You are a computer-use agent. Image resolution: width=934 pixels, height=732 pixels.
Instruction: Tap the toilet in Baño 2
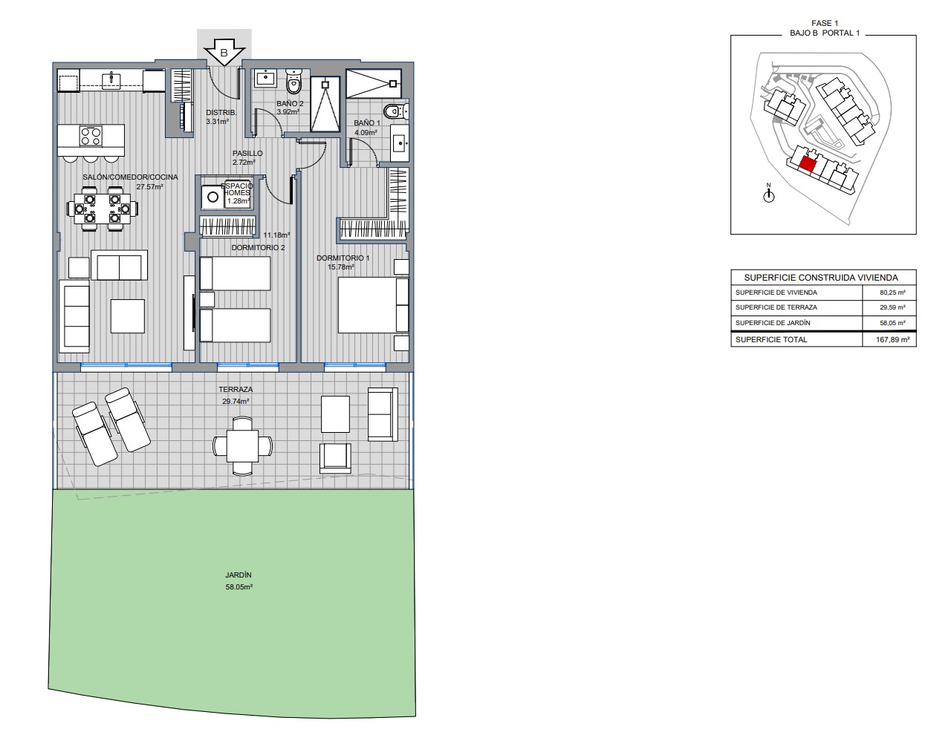tap(294, 82)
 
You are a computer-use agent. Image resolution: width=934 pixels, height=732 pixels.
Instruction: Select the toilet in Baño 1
tap(396, 112)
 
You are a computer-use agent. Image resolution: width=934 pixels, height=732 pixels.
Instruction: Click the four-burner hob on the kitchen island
tap(91, 136)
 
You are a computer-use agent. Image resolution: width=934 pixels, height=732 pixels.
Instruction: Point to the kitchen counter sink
tap(111, 79)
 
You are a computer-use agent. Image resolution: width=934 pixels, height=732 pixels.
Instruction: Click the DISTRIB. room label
tap(221, 113)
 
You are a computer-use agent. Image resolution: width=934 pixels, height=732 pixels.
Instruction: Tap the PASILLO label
tap(247, 153)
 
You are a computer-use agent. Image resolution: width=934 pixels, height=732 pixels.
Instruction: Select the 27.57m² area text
tap(149, 187)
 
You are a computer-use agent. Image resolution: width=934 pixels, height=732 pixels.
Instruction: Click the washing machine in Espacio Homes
tap(213, 197)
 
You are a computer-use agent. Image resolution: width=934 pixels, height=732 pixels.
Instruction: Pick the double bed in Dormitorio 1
tap(373, 305)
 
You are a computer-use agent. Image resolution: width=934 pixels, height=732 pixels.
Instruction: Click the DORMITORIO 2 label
tap(258, 248)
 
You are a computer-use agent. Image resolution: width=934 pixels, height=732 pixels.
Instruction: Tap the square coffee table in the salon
tap(128, 316)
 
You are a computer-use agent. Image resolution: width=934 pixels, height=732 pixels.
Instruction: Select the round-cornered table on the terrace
tap(243, 445)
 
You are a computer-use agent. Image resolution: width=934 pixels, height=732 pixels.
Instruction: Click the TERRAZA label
tap(236, 390)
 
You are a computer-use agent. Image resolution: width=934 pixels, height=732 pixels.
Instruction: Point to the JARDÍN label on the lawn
tap(239, 575)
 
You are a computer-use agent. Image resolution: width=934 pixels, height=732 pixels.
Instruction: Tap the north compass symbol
tap(768, 195)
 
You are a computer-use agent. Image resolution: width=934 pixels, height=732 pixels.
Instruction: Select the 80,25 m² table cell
tap(892, 293)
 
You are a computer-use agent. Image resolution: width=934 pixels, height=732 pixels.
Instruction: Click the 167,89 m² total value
tap(892, 339)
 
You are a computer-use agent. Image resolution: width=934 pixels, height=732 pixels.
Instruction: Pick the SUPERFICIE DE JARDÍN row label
tap(773, 323)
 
